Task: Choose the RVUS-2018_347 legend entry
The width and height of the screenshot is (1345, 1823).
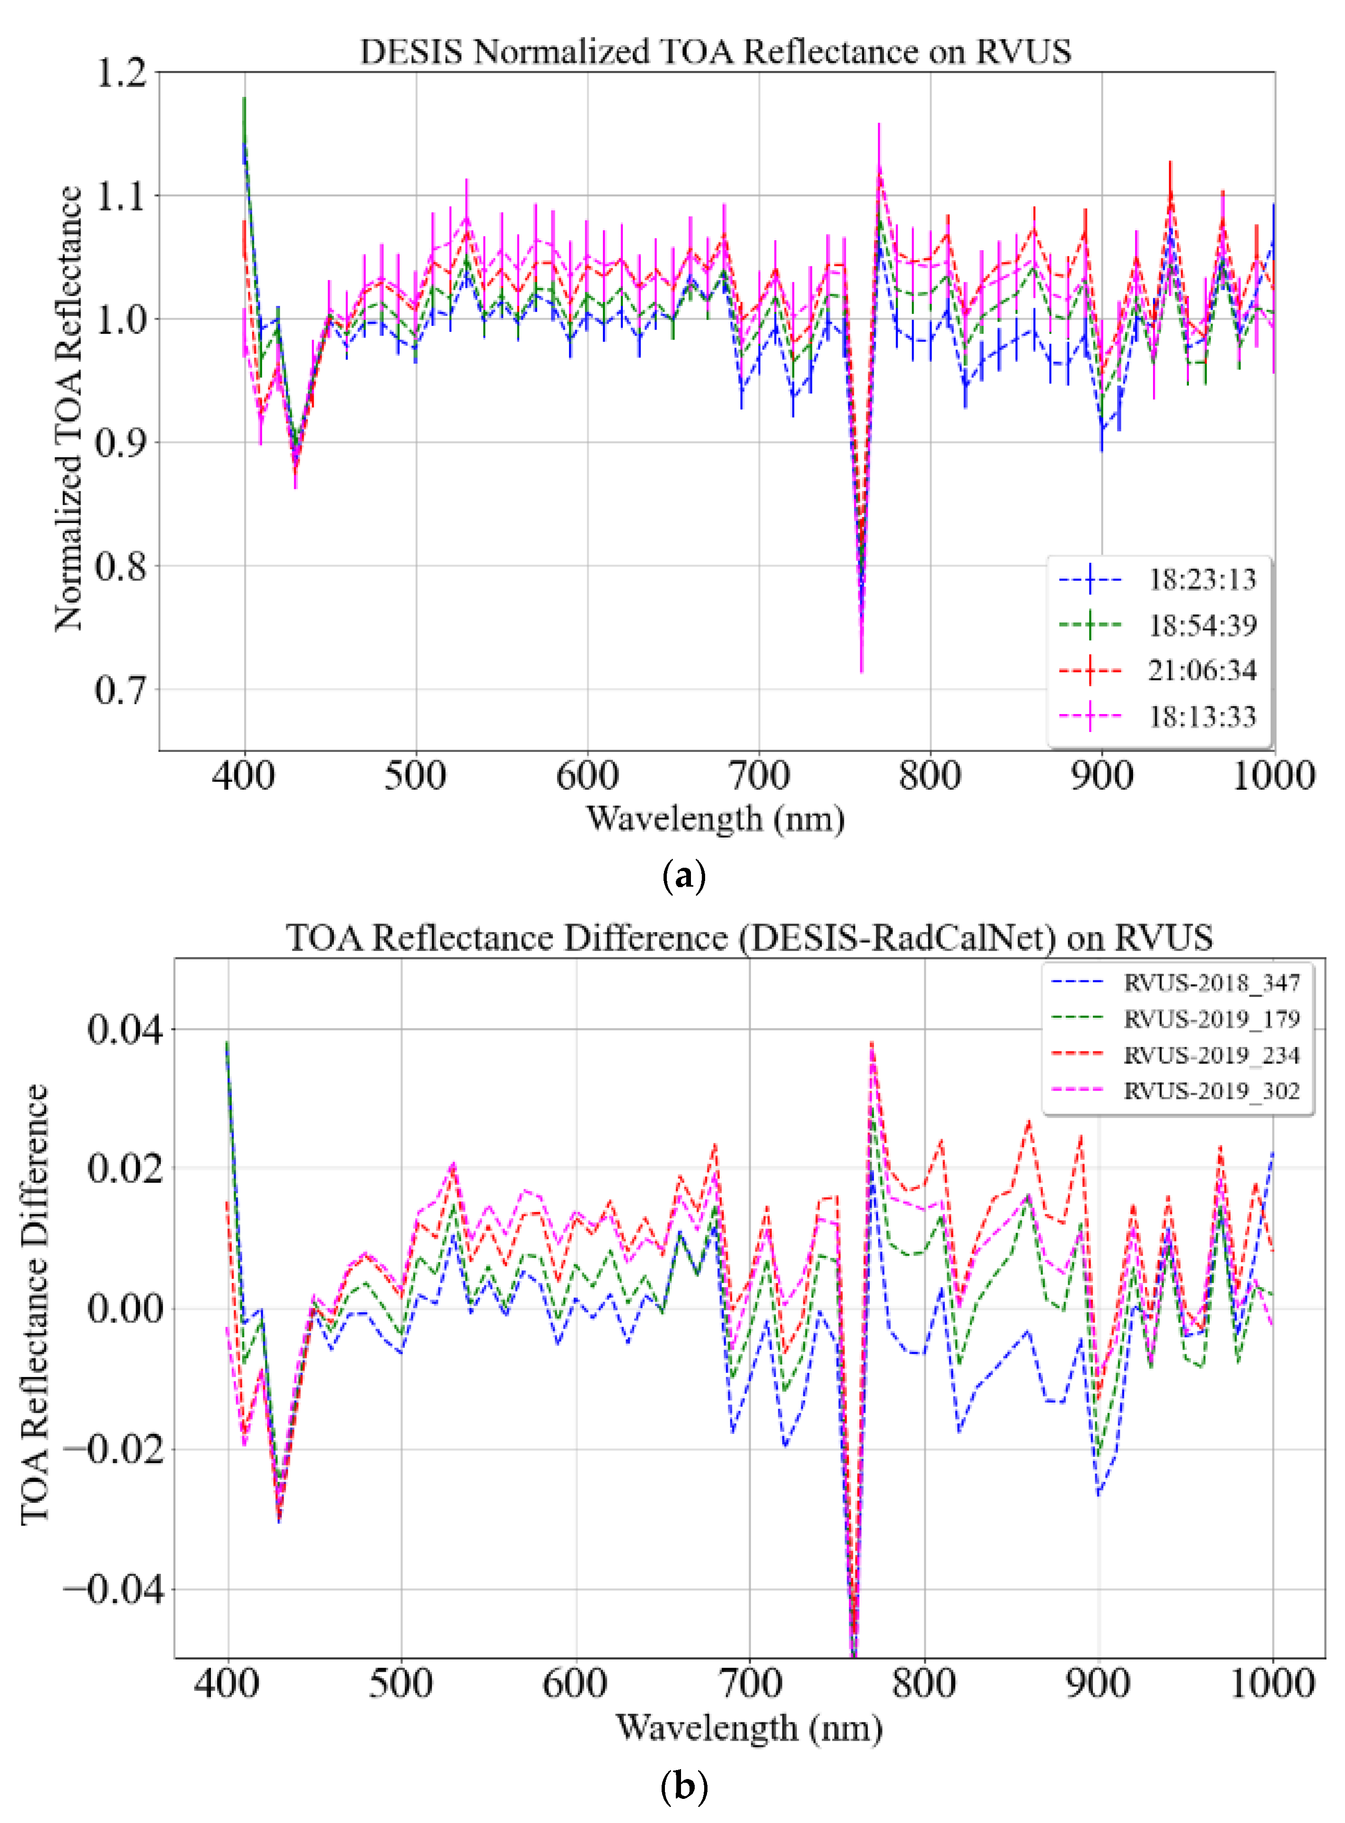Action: click(x=1212, y=983)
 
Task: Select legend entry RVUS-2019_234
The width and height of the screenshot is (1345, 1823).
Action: click(x=1212, y=1055)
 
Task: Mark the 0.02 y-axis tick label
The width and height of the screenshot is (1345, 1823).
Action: click(x=124, y=1169)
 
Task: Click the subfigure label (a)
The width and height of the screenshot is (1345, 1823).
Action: click(x=684, y=877)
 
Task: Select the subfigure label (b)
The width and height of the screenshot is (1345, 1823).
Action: click(x=684, y=1787)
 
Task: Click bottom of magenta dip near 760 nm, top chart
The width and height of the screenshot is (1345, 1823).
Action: click(x=861, y=671)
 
